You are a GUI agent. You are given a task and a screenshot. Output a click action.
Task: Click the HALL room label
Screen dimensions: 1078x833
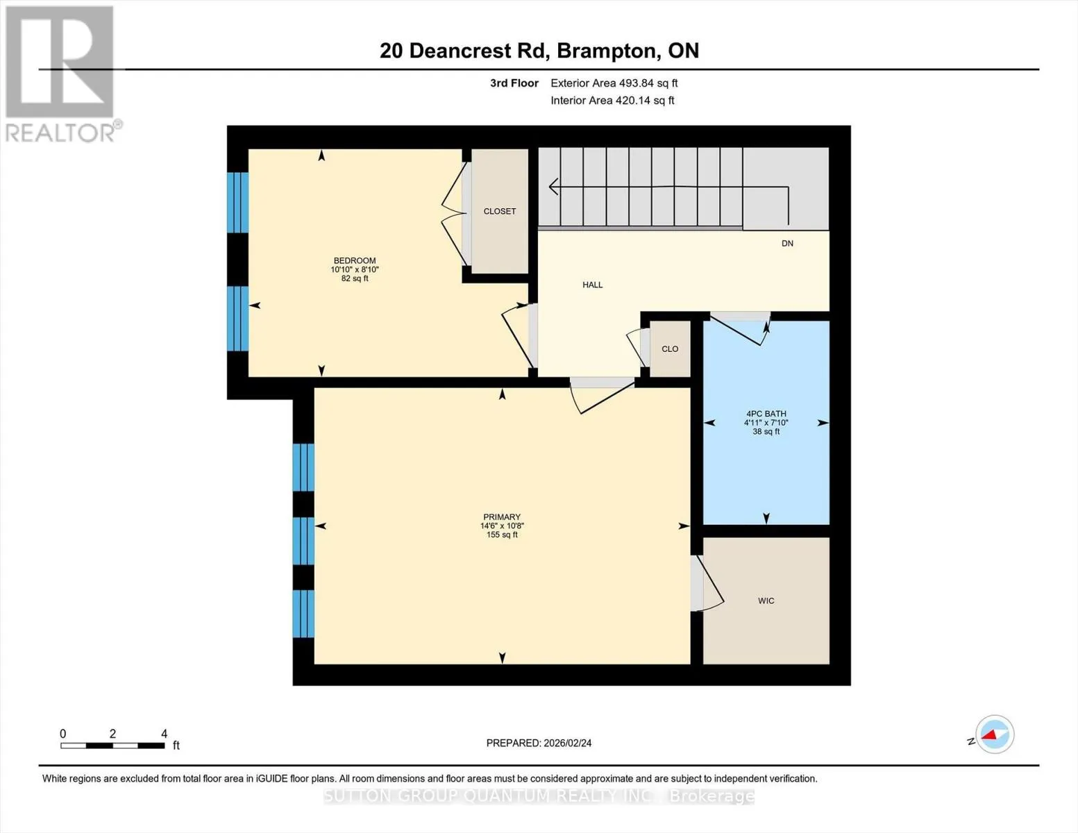coord(592,285)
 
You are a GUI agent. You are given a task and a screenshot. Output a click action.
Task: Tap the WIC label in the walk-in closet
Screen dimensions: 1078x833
coord(766,601)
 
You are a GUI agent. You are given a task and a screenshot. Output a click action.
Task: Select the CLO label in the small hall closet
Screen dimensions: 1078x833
coord(670,349)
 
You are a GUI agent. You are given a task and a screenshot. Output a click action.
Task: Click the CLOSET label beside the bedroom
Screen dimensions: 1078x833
coord(500,211)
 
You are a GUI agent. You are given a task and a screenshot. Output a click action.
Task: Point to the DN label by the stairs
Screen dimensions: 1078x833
coord(787,243)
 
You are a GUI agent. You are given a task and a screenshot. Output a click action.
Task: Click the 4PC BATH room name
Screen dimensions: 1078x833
coord(766,414)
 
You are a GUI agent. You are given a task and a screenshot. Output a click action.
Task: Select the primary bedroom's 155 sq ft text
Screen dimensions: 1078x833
coord(502,535)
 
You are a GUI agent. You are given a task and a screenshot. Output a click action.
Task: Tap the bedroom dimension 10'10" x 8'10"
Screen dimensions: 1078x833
coord(355,269)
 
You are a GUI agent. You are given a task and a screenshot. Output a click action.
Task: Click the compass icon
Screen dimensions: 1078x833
coord(994,734)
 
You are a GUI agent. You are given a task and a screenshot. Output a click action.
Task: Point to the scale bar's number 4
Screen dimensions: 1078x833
coord(165,733)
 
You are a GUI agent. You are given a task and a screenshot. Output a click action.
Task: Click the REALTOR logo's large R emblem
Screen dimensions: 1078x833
coord(60,62)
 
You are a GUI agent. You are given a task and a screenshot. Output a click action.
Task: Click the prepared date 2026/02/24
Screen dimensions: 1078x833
coord(568,743)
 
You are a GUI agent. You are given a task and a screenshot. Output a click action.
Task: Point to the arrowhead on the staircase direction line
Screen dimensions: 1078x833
coord(553,187)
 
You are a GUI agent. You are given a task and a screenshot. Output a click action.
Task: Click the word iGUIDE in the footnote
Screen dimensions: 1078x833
coord(271,779)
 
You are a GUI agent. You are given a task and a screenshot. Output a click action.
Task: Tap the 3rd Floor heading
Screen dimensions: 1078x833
coord(514,83)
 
